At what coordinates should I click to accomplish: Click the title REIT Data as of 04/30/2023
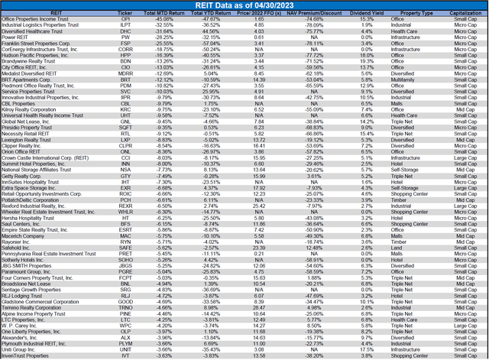point(244,5)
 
